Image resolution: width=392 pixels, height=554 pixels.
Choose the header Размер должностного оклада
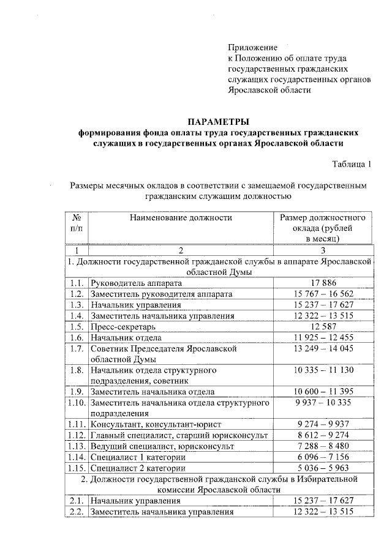pos(323,228)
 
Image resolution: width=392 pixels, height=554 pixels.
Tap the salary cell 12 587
pos(323,327)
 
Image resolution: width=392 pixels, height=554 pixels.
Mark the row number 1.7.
pos(77,348)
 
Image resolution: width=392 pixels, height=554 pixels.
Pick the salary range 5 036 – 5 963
pos(323,468)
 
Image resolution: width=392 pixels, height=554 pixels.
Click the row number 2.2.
pos(77,512)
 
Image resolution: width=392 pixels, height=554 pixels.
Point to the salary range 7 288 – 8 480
pos(323,446)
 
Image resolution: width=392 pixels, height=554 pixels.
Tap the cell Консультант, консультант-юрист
pos(156,424)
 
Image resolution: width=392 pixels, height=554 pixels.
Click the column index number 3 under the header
pos(323,250)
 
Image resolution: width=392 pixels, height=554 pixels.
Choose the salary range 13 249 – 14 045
pos(323,348)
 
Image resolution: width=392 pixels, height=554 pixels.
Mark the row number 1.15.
pos(77,468)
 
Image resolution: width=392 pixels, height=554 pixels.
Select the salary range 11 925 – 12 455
pos(323,338)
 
